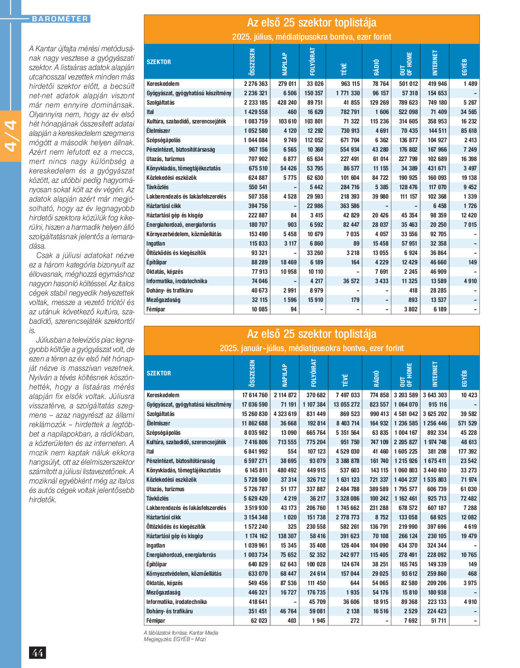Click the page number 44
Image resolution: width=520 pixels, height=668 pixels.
[37, 653]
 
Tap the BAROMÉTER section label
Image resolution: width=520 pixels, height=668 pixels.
[60, 19]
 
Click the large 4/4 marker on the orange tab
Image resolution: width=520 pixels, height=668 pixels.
[10, 136]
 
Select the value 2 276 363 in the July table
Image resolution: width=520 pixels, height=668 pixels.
[256, 84]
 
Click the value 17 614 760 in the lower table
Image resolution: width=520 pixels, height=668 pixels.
[255, 395]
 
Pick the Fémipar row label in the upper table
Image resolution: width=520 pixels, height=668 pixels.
[156, 309]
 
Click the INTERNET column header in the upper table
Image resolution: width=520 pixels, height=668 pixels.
[435, 62]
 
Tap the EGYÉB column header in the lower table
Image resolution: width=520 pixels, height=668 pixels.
[464, 378]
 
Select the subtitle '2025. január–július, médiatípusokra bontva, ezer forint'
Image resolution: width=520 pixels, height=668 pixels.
[312, 348]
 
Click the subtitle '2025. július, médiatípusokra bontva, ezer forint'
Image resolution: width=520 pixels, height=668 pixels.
[312, 37]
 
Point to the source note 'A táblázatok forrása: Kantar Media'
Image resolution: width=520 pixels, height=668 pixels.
[181, 633]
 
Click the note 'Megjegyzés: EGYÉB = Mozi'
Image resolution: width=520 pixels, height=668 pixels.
[175, 639]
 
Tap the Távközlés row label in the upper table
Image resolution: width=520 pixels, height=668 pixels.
[158, 187]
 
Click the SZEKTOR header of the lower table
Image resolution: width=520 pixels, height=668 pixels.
[159, 373]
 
